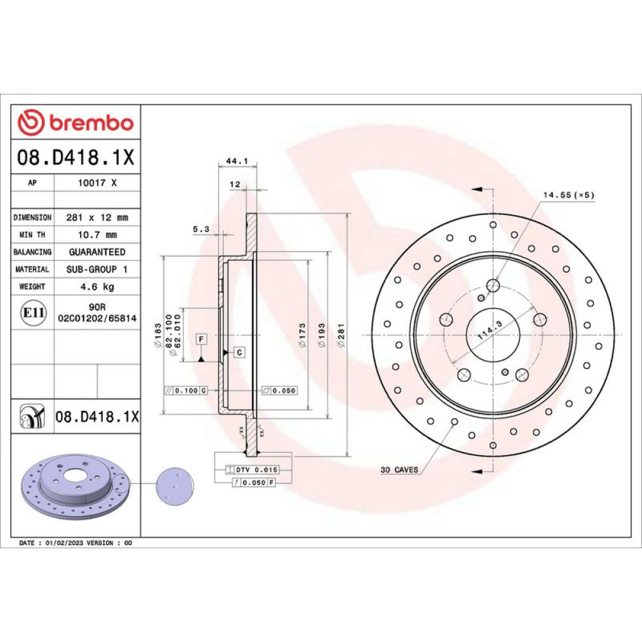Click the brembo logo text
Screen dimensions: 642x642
pyautogui.click(x=91, y=123)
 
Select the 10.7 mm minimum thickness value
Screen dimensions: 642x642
pyautogui.click(x=98, y=235)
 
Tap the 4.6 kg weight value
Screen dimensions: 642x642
pyautogui.click(x=98, y=286)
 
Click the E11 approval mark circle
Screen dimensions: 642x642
pyautogui.click(x=33, y=313)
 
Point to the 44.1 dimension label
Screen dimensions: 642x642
pyautogui.click(x=237, y=161)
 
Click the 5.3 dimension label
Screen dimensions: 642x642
pyautogui.click(x=201, y=229)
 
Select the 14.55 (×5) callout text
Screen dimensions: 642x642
pyautogui.click(x=568, y=195)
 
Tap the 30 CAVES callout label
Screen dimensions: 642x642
pyautogui.click(x=399, y=470)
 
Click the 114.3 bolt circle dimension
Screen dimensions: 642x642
pyautogui.click(x=490, y=330)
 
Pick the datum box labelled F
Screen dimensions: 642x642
pyautogui.click(x=201, y=339)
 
